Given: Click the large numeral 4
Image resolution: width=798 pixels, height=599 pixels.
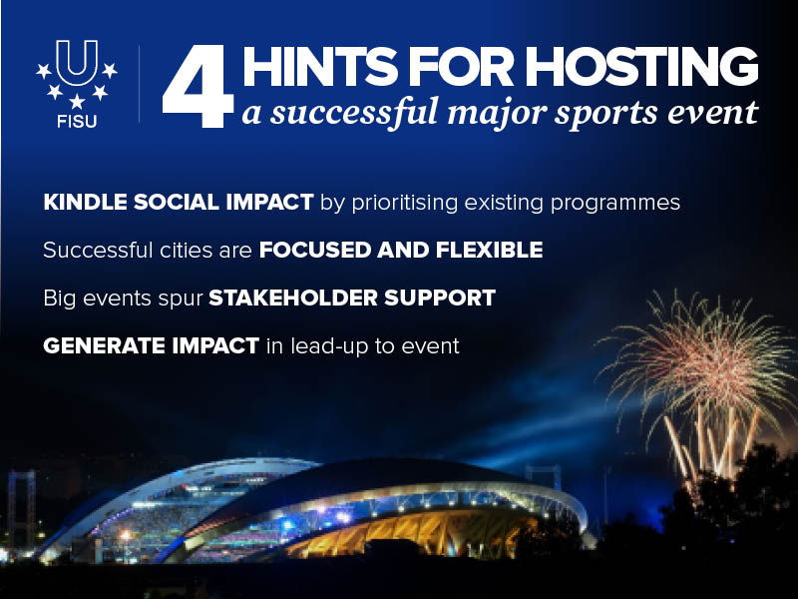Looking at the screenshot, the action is (198, 87).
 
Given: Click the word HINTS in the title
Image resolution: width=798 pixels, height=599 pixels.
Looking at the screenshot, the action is (320, 67).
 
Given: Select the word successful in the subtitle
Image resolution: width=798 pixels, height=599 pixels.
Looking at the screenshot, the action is (354, 112).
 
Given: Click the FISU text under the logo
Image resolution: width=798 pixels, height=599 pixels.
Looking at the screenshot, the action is (77, 122).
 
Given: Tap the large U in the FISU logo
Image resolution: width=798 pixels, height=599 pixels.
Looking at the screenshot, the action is (77, 63).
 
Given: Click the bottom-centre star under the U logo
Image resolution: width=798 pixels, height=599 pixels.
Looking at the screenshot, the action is (77, 102).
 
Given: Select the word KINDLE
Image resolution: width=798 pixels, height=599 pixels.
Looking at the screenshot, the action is (85, 203).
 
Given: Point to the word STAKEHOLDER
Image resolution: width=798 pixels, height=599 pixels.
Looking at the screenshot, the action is (293, 298).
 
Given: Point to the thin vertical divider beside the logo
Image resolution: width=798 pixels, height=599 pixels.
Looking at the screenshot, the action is (139, 84).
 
